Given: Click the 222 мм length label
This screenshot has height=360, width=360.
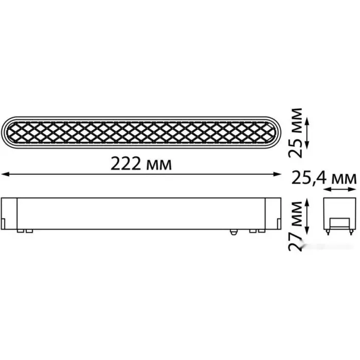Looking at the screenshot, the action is pyautogui.click(x=141, y=164).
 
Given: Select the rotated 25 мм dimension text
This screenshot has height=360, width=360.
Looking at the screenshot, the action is pyautogui.click(x=295, y=133).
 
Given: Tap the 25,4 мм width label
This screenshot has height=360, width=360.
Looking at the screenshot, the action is pyautogui.click(x=324, y=178).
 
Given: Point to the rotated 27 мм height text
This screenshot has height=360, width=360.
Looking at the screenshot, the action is pyautogui.click(x=295, y=226).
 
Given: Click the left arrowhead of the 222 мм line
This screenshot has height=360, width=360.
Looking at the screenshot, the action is pyautogui.click(x=5, y=174).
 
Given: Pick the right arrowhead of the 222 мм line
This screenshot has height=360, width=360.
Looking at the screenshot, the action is pyautogui.click(x=277, y=174).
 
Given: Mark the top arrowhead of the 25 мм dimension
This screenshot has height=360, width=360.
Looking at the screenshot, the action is pyautogui.click(x=308, y=121).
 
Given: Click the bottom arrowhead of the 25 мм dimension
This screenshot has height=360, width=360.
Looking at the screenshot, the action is pyautogui.click(x=308, y=145).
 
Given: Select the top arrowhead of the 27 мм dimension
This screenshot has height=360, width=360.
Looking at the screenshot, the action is pyautogui.click(x=308, y=203).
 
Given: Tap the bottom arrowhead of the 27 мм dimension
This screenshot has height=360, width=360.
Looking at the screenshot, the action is pyautogui.click(x=308, y=230).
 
